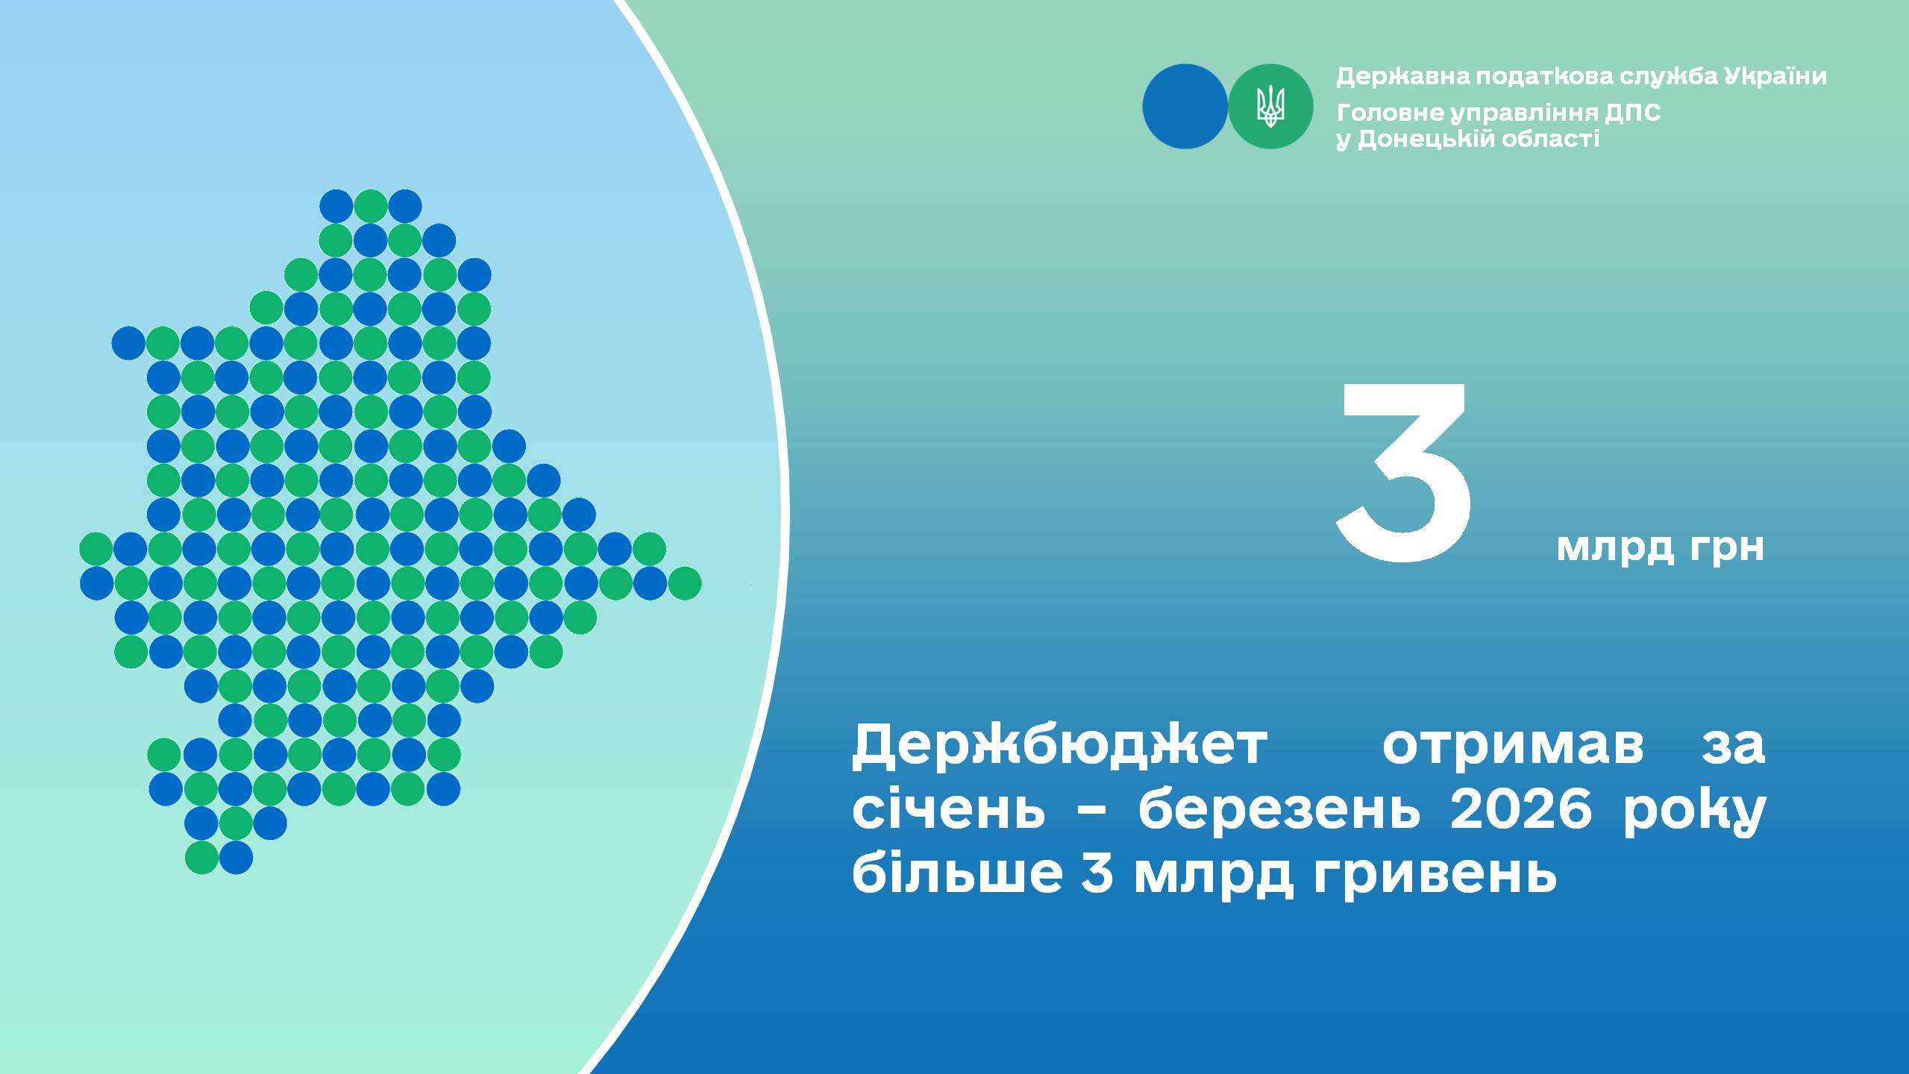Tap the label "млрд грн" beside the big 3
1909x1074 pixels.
point(1660,548)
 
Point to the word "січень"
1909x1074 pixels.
point(949,809)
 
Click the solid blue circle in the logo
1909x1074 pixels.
point(1185,106)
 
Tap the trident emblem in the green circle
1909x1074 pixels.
point(1270,106)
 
